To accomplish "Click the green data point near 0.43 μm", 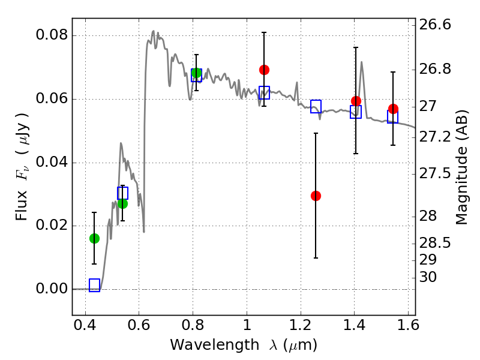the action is point(94,238).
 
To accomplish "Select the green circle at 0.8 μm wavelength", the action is point(197,73).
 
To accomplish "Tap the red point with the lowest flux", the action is point(316,196).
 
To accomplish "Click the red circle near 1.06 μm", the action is point(264,70).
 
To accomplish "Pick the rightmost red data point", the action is point(393,109).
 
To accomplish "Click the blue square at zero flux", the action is point(94,286).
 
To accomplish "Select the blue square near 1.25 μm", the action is point(316,107).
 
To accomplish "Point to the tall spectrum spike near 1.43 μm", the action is point(362,62).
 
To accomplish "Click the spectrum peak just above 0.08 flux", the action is point(154,31).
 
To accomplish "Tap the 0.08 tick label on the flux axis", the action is point(52,35).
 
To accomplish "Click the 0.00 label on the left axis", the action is point(52,289).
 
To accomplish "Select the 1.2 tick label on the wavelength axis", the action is point(301,325).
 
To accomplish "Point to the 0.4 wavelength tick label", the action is point(85,325).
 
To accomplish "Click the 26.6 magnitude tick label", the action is point(434,25).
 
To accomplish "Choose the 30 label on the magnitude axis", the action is point(428,277).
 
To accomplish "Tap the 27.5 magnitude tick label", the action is point(434,173).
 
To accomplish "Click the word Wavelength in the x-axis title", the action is point(215,346).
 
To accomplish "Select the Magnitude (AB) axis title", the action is point(461,167).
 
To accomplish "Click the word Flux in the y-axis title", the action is point(22,206).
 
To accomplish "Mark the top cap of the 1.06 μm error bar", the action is point(264,32).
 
